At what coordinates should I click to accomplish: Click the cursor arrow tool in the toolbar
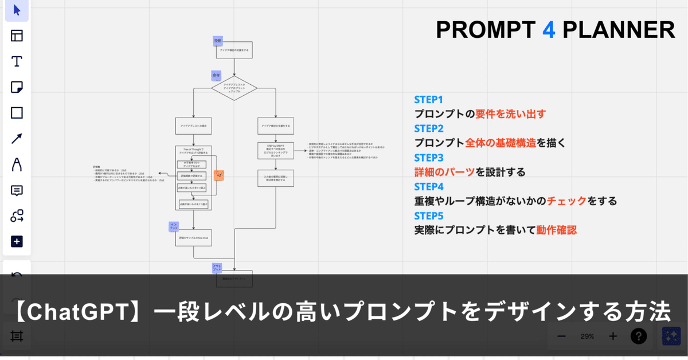17,10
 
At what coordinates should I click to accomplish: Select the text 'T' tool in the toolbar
17,61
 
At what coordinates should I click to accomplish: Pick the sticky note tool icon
17,87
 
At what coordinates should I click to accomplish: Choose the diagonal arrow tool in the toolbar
17,138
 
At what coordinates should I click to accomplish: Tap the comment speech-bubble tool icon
17,190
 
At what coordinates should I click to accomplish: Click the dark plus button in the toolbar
17,241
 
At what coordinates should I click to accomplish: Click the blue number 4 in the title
549,30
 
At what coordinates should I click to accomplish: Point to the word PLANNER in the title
618,30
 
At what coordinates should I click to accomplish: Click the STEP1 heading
429,99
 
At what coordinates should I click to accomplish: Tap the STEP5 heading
429,216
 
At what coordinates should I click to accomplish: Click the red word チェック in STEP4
566,201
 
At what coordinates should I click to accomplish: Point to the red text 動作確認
556,230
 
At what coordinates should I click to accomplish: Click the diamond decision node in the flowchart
234,88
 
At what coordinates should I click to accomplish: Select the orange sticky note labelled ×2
218,175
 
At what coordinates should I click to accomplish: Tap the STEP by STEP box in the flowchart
276,150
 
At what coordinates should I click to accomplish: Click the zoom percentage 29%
587,336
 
